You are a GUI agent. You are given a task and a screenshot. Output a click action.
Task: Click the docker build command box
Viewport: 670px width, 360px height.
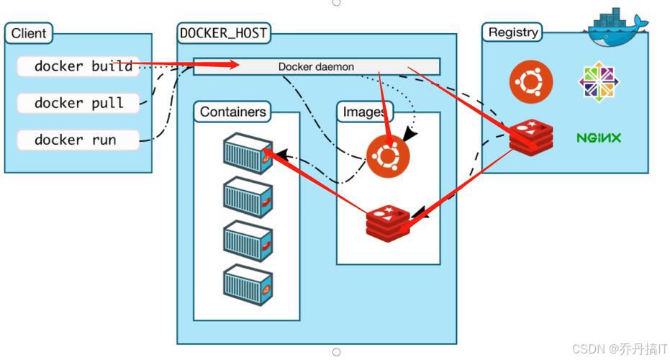(x=78, y=67)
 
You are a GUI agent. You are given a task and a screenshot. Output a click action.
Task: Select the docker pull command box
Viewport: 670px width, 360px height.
(x=78, y=103)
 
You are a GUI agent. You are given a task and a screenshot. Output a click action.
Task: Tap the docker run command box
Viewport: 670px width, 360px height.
(x=78, y=140)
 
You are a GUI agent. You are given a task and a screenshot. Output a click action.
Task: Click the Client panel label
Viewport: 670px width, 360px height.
(x=29, y=33)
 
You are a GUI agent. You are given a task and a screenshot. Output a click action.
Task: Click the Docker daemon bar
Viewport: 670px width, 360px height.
(x=316, y=67)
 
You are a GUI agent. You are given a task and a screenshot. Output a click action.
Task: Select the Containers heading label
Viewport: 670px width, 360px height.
(x=232, y=112)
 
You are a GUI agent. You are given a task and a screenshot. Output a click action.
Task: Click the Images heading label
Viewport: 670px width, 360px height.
(x=364, y=112)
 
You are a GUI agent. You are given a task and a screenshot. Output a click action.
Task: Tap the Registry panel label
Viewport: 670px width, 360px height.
(x=512, y=32)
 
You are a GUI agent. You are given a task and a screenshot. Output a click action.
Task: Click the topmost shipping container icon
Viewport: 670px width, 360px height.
(x=248, y=153)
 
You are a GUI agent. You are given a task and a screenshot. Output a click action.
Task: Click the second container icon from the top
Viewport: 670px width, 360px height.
(x=248, y=197)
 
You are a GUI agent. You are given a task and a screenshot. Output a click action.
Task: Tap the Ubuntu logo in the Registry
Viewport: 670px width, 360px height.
(x=531, y=82)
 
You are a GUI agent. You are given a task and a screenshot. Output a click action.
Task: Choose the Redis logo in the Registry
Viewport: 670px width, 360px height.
(x=531, y=138)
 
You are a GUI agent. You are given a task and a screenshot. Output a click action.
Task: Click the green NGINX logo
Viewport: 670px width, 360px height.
(x=598, y=138)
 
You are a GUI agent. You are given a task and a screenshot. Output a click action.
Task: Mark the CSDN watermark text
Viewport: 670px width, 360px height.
(x=620, y=348)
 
